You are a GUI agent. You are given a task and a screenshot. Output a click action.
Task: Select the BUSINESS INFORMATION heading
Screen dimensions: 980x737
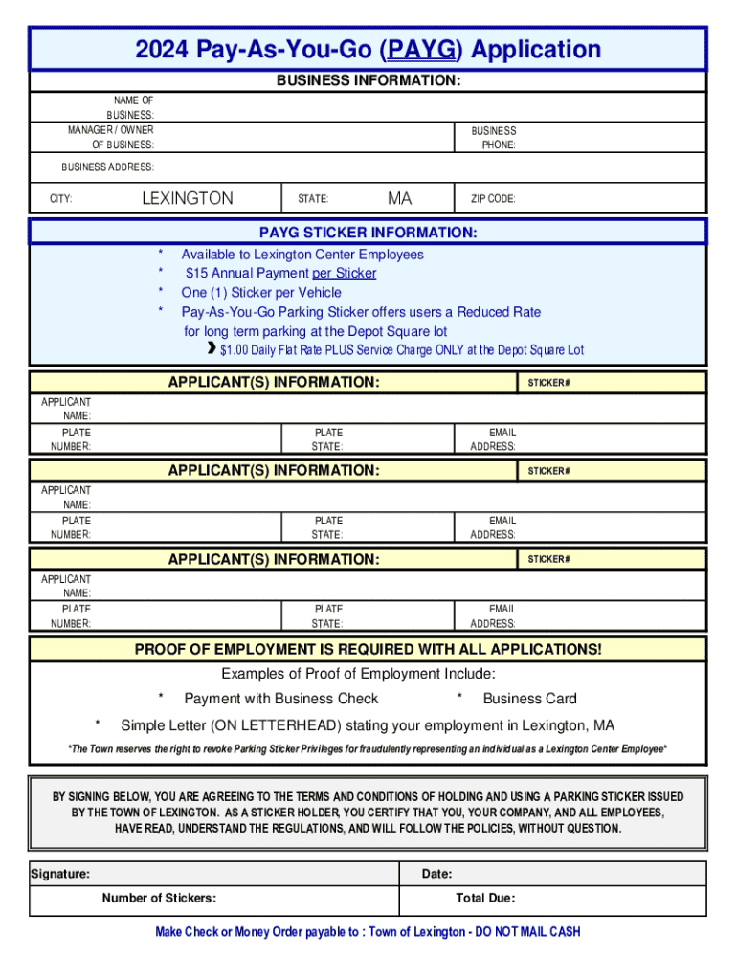pos(368,82)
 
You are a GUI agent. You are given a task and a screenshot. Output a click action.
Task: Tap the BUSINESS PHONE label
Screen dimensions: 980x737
pos(493,138)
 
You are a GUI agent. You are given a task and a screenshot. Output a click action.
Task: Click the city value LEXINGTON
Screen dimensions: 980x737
pos(187,199)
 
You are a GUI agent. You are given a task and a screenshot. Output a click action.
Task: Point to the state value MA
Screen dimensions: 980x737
pos(399,199)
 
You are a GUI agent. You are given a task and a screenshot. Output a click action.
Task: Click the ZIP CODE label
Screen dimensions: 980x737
pos(493,199)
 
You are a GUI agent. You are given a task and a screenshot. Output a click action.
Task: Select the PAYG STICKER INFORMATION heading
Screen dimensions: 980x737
pos(368,233)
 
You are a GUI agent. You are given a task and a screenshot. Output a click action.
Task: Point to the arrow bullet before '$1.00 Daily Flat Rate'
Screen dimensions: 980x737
pos(212,349)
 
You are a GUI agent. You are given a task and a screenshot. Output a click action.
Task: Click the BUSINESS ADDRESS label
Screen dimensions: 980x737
pos(107,167)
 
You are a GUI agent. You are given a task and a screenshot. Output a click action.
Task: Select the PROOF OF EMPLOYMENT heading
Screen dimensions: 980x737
pos(368,650)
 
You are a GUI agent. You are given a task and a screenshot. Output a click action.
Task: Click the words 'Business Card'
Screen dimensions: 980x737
pos(529,699)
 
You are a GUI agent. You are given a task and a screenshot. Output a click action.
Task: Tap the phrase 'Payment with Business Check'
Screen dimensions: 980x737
pos(281,699)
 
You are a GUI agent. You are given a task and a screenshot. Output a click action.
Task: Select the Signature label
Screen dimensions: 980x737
pos(61,874)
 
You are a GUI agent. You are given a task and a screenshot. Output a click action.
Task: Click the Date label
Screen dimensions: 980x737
pos(437,874)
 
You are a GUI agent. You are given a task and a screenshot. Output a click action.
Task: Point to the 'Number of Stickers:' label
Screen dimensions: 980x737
pos(159,898)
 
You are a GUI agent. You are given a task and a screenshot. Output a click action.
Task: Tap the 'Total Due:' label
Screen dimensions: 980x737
pos(486,898)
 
